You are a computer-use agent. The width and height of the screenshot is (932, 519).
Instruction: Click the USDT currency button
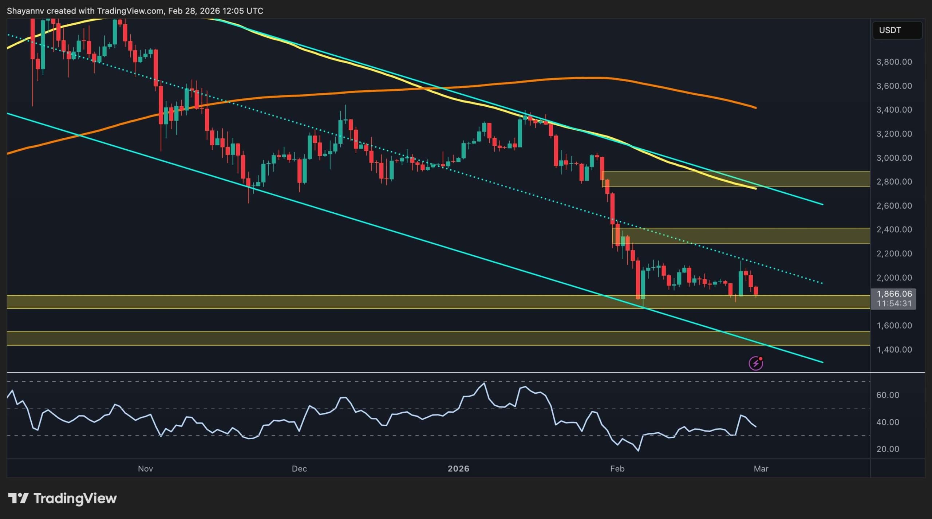897,30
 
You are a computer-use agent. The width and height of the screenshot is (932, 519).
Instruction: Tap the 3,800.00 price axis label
894,62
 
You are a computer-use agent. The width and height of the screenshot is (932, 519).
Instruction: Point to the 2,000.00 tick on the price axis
894,278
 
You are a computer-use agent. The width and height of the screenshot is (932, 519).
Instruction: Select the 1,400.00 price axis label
894,350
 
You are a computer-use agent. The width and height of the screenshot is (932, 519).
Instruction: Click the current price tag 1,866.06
894,294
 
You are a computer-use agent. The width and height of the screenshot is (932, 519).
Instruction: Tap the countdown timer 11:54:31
894,303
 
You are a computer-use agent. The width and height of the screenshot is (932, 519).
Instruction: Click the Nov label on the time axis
145,469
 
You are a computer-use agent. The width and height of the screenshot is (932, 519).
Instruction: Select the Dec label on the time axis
299,469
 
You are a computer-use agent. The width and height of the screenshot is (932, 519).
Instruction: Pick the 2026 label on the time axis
458,469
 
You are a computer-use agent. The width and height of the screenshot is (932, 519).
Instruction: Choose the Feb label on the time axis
617,469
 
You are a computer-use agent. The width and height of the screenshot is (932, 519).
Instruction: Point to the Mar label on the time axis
761,469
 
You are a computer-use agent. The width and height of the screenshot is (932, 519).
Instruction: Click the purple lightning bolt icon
756,363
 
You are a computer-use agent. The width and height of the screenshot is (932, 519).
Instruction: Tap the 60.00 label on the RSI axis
888,395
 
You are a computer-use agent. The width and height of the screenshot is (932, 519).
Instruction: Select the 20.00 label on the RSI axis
888,449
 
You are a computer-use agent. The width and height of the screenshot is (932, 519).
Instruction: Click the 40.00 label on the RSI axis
888,422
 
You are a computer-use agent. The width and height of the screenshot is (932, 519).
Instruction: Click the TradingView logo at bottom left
62,498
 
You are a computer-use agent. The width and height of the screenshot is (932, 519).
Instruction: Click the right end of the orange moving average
755,107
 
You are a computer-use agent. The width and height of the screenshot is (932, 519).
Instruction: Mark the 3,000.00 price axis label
894,158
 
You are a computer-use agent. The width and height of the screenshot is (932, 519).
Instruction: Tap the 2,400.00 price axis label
894,229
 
